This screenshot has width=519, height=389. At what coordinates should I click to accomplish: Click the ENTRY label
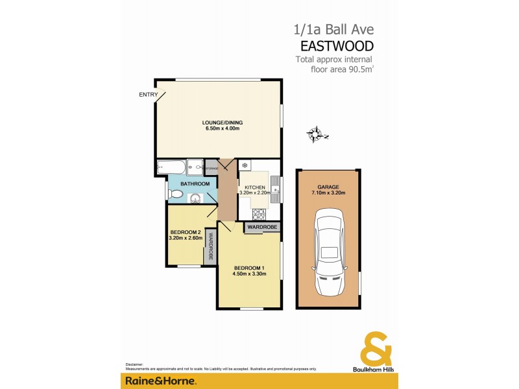[149, 95]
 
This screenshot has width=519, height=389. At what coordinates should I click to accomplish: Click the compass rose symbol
[316, 134]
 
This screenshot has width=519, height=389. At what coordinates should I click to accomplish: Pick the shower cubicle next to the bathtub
[195, 167]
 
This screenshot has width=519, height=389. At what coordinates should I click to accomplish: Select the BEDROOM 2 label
[185, 232]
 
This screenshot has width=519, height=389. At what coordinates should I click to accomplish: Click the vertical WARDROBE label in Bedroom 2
[210, 245]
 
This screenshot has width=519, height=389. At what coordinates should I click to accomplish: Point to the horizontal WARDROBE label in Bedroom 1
[262, 227]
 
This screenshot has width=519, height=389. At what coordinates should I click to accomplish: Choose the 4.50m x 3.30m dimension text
[250, 274]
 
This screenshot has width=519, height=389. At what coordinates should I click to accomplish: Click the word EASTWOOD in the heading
[337, 47]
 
